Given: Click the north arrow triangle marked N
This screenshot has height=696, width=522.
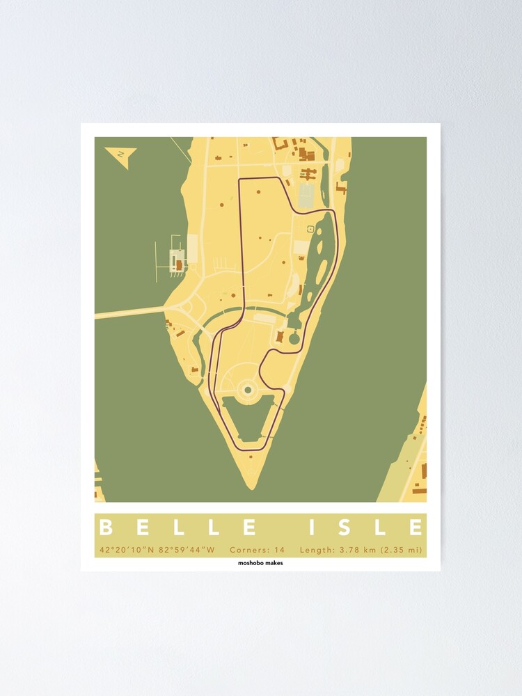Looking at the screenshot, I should pyautogui.click(x=120, y=154).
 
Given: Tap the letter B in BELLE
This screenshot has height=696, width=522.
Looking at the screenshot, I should pyautogui.click(x=106, y=528).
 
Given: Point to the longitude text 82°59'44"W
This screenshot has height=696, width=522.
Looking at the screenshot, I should pyautogui.click(x=187, y=550).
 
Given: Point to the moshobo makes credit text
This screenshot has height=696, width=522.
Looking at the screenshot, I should pyautogui.click(x=260, y=563).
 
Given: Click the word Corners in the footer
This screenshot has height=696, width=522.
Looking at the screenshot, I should pyautogui.click(x=251, y=550).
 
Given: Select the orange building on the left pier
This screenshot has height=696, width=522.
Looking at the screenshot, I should pyautogui.click(x=178, y=265).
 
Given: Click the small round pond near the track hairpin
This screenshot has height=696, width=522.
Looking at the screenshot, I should pyautogui.click(x=294, y=339).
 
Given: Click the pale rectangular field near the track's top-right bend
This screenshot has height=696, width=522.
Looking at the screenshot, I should pyautogui.click(x=307, y=196).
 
